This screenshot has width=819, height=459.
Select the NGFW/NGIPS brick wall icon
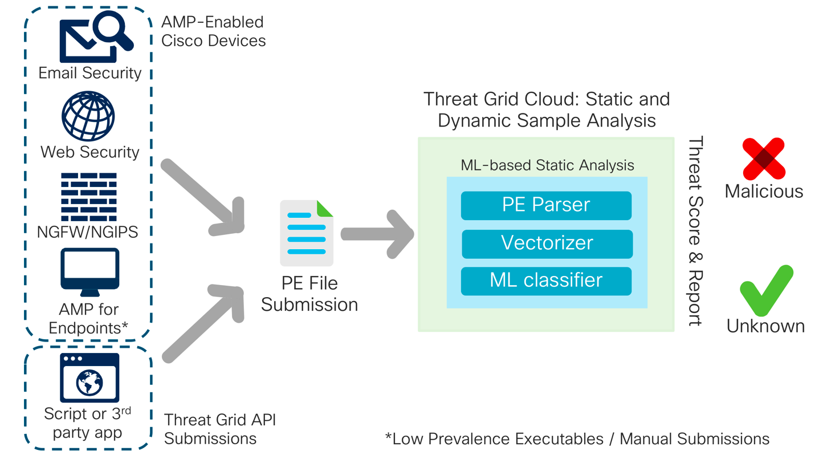pos(88,197)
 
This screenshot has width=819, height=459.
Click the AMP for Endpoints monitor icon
pos(89,272)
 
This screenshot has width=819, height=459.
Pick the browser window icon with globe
pos(89,377)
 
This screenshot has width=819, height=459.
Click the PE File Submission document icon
pos(307,233)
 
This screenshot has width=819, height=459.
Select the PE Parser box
pos(546,205)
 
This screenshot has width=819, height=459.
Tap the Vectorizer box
pos(547,243)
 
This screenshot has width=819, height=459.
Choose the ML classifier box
pos(546,281)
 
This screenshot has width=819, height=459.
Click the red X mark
pos(764,159)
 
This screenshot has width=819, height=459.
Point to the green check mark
pos(765,291)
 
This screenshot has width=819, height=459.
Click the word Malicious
pos(764,192)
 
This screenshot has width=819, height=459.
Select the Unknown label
pos(765,326)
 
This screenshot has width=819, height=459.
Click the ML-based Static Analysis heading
pos(547,165)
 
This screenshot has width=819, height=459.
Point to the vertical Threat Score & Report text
pos(694,231)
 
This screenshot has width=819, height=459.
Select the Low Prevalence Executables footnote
pos(577,438)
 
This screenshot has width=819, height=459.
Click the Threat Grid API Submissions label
pos(219,429)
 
